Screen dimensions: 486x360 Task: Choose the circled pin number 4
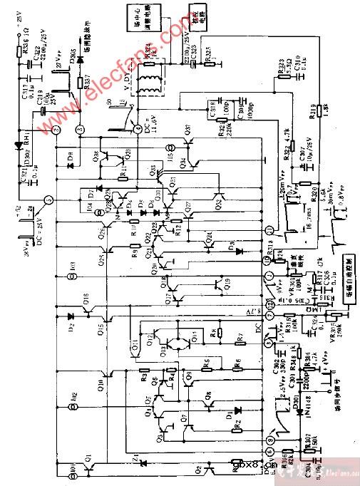click(x=135, y=128)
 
